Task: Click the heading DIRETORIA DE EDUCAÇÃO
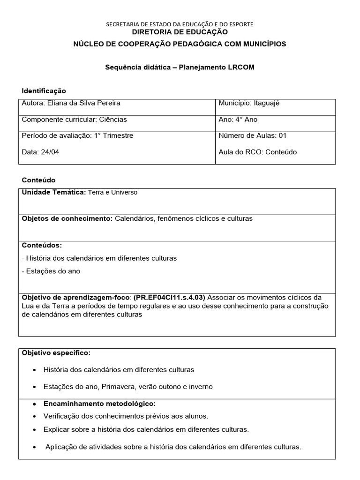coord(180,32)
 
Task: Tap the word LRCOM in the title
coord(241,67)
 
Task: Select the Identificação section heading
coord(44,90)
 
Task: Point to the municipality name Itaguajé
coord(266,103)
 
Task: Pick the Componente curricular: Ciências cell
coord(74,120)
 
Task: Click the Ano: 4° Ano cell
coord(238,120)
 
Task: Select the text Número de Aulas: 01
coord(253,135)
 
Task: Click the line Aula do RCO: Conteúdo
coord(257,152)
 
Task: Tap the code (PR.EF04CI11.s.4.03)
coord(169,297)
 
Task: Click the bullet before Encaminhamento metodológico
coord(35,404)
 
